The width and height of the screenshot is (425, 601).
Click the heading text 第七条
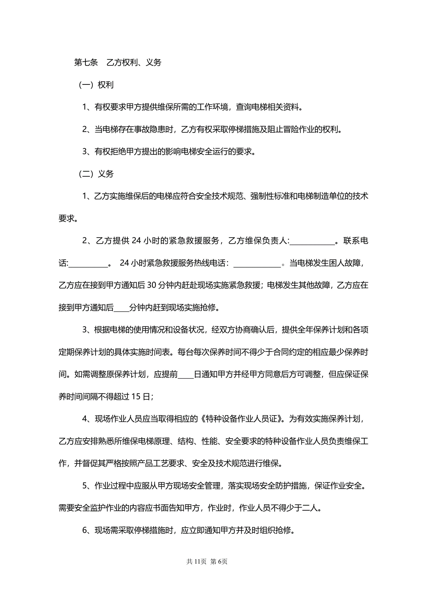86,62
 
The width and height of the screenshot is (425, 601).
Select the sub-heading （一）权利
96,85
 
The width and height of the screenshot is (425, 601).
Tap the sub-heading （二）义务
96,174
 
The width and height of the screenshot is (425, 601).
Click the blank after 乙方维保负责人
312,241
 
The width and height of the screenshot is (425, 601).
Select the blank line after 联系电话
88,263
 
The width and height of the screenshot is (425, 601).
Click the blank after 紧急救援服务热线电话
257,263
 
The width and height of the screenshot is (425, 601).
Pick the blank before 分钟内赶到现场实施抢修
121,308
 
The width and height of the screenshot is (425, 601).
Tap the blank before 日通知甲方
185,374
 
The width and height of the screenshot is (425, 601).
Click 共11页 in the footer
196,561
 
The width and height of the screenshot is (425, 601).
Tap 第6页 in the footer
219,561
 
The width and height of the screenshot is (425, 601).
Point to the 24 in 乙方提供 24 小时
136,241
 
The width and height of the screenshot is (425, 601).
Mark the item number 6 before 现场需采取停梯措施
85,530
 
